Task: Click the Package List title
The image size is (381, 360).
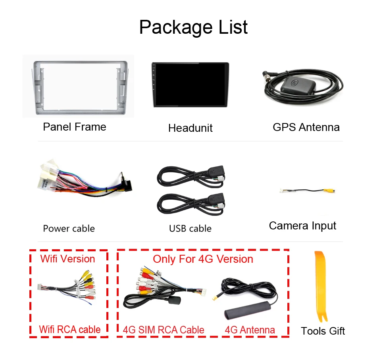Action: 193,27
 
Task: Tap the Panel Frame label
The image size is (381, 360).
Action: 75,127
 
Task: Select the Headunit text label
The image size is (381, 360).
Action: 190,128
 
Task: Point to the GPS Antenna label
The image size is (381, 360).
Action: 306,127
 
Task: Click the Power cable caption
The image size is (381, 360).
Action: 69,229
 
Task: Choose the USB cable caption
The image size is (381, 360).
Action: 190,229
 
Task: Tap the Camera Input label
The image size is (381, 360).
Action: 302,226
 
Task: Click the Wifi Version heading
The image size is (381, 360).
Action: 68,259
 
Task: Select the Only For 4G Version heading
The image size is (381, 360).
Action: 203,259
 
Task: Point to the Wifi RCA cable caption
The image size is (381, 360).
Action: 69,329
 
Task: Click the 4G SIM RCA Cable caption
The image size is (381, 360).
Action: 164,330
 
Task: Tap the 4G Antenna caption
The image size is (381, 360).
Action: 250,330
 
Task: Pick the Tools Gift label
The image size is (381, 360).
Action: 323,331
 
